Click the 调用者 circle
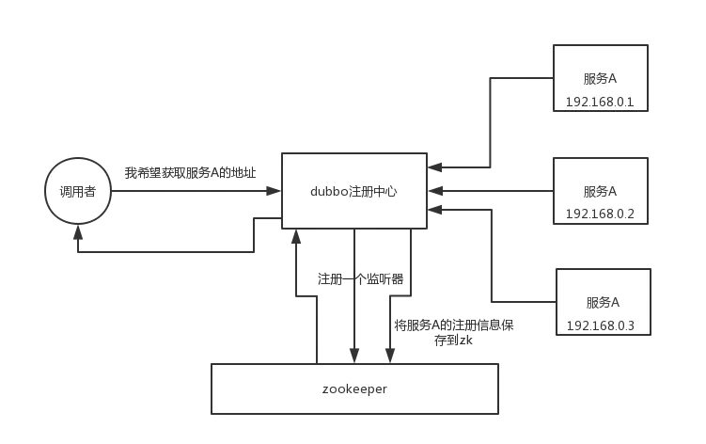(x=79, y=191)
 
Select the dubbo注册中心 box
(x=353, y=191)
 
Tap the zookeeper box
(x=354, y=388)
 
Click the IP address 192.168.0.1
(x=600, y=101)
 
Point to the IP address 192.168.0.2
(x=600, y=214)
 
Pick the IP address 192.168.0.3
(x=601, y=325)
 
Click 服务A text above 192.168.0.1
(x=600, y=78)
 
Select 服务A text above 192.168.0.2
(x=600, y=191)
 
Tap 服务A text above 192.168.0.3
(x=603, y=302)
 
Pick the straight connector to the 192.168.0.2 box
(x=494, y=192)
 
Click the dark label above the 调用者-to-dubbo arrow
(x=188, y=173)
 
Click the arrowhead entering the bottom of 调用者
(x=78, y=233)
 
